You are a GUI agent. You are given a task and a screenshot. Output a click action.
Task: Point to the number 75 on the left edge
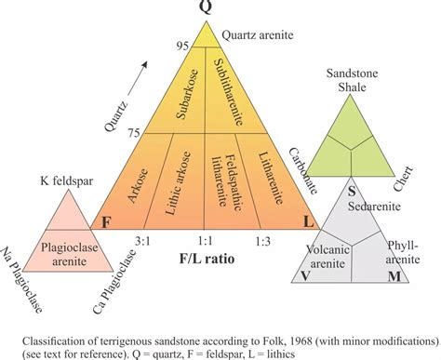[x=136, y=131]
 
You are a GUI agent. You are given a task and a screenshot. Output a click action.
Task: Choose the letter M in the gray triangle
[x=394, y=275]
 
